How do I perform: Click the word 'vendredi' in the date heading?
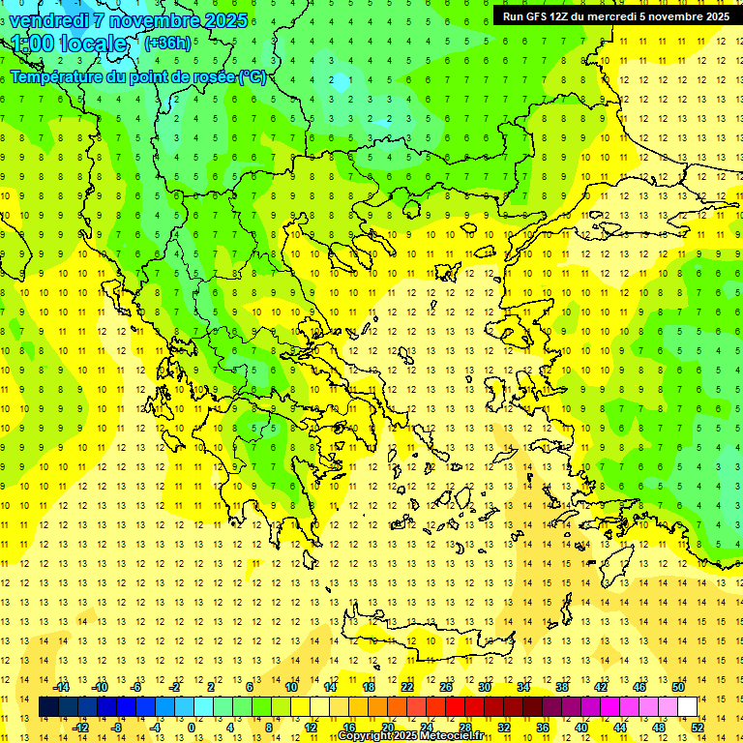coord(49,19)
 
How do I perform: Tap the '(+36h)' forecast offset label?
coord(166,44)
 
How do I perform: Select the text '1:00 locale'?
coord(70,45)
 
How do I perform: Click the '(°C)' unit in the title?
coord(253,77)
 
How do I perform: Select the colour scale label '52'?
coord(698,728)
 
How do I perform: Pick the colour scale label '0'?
coord(192,728)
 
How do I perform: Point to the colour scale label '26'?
coord(446,687)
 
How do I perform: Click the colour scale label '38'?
coord(562,687)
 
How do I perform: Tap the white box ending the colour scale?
coord(687,707)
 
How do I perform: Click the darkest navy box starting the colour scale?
coord(48,707)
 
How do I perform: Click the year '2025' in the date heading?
coord(222,19)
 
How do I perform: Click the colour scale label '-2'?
coord(175,687)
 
